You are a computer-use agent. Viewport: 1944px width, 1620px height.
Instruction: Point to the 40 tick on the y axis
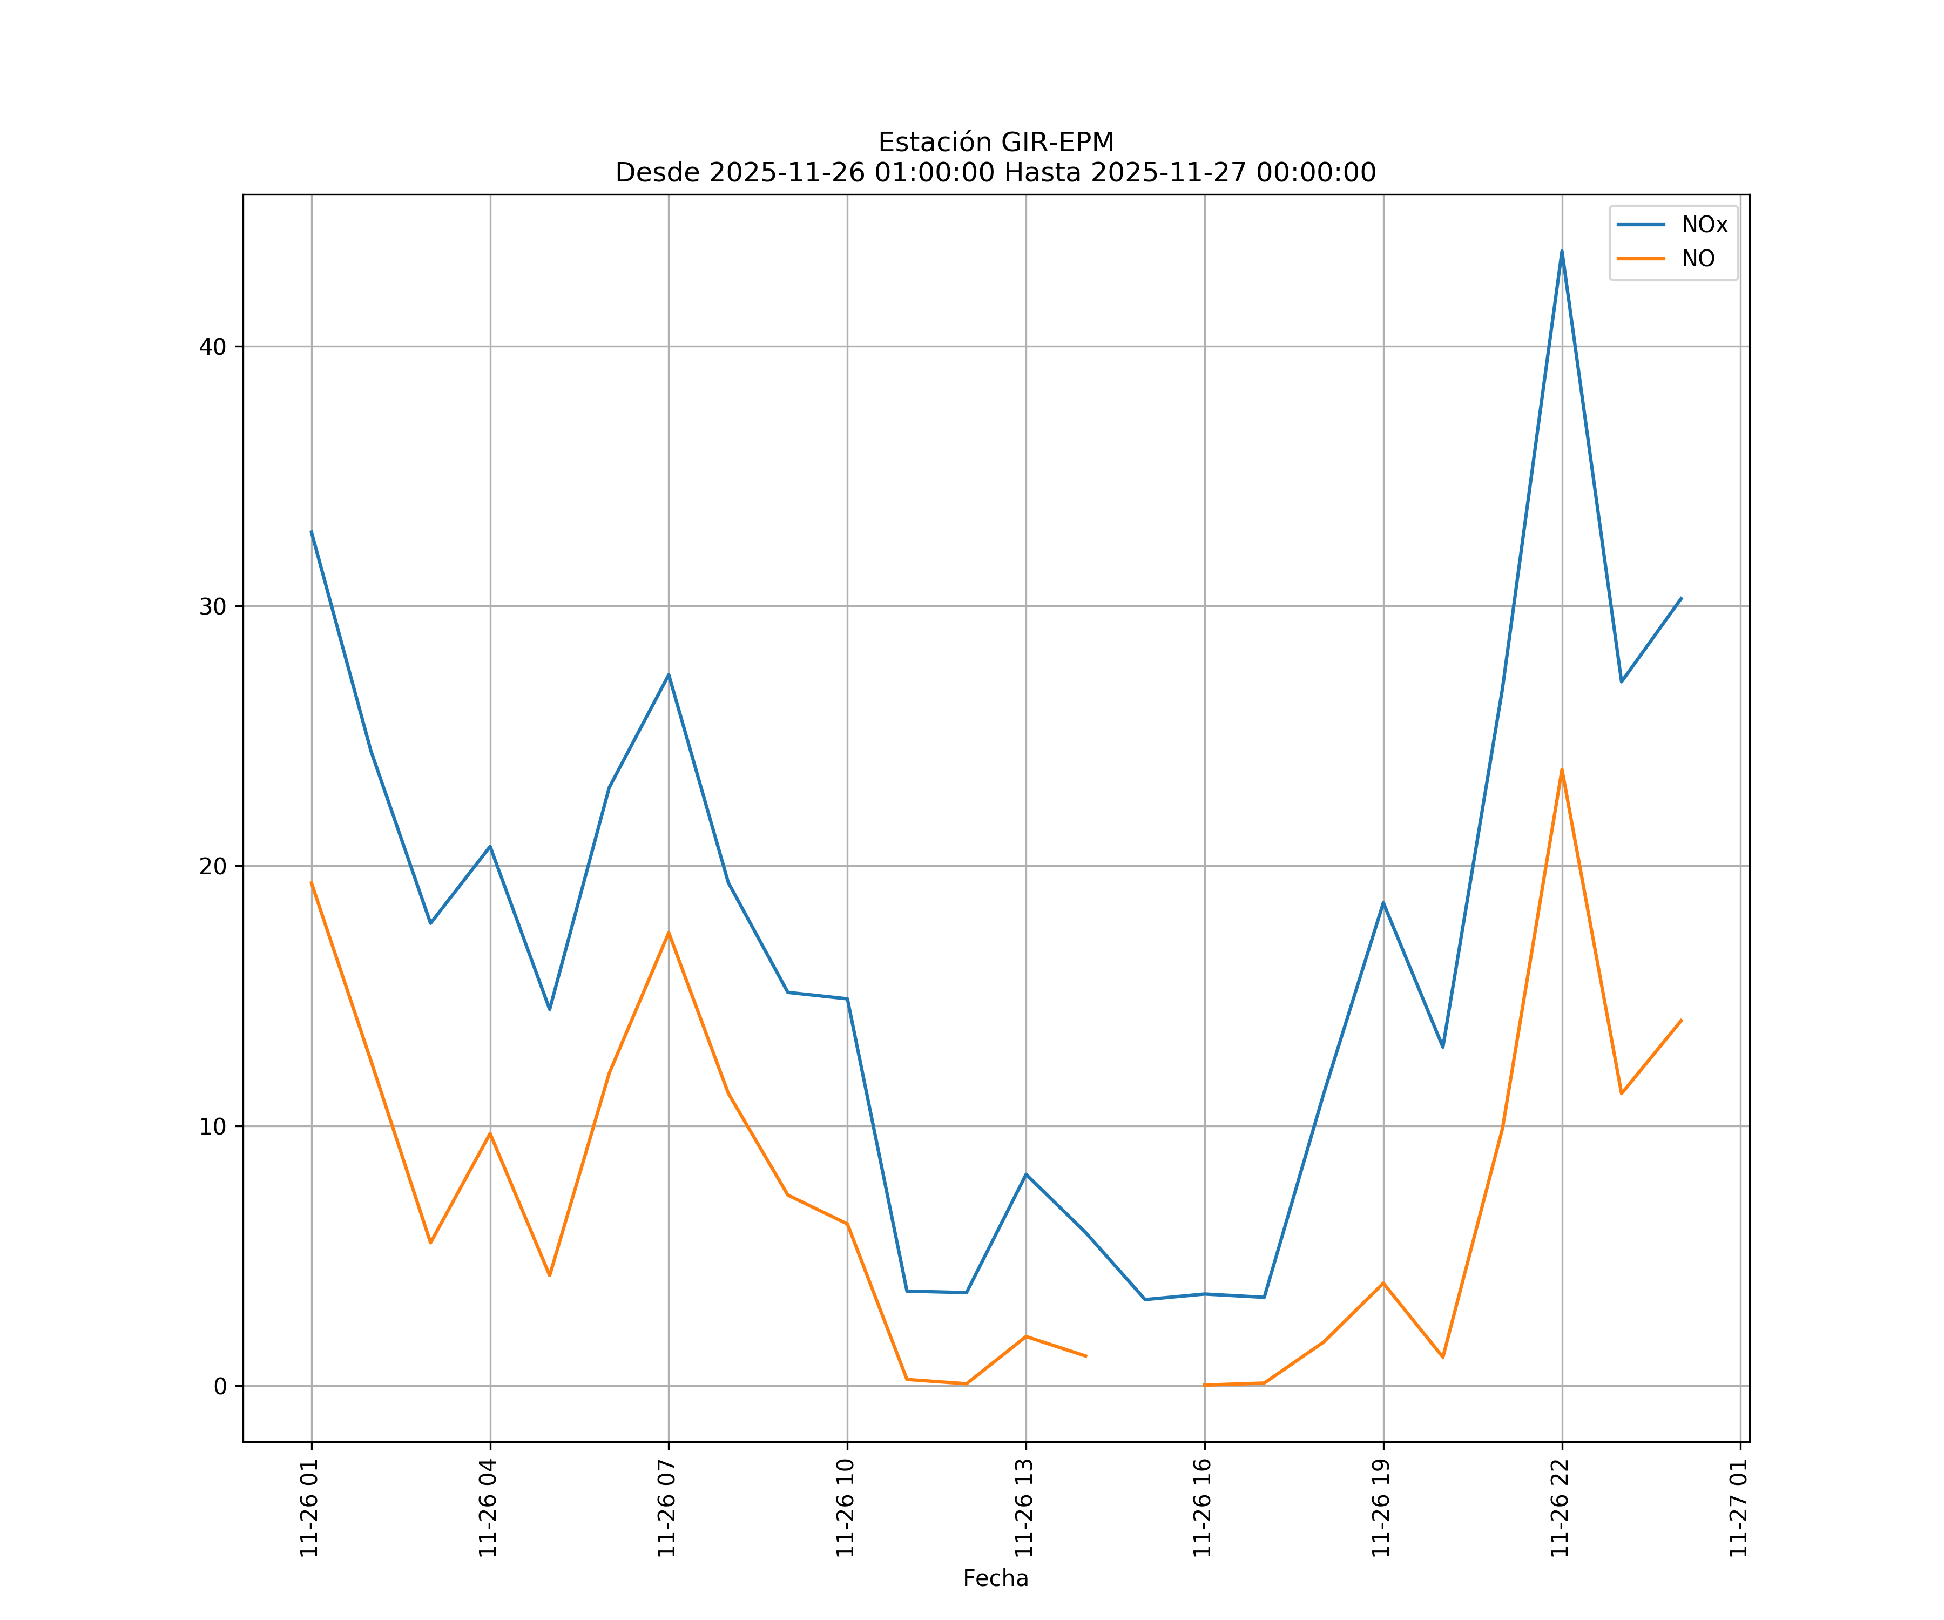click(213, 347)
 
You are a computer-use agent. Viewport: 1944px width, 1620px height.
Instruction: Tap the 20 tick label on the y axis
click(213, 867)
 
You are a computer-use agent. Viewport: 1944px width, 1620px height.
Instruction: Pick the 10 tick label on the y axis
click(213, 1126)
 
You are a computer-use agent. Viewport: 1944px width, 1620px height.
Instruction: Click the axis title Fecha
click(995, 1578)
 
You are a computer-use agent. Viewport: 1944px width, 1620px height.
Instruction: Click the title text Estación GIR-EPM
click(995, 143)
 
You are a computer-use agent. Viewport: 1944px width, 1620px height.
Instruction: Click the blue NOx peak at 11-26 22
click(1562, 251)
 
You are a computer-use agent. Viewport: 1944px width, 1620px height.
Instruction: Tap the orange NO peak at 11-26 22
click(1562, 769)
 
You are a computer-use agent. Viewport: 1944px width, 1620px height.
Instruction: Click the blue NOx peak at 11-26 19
click(1383, 902)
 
